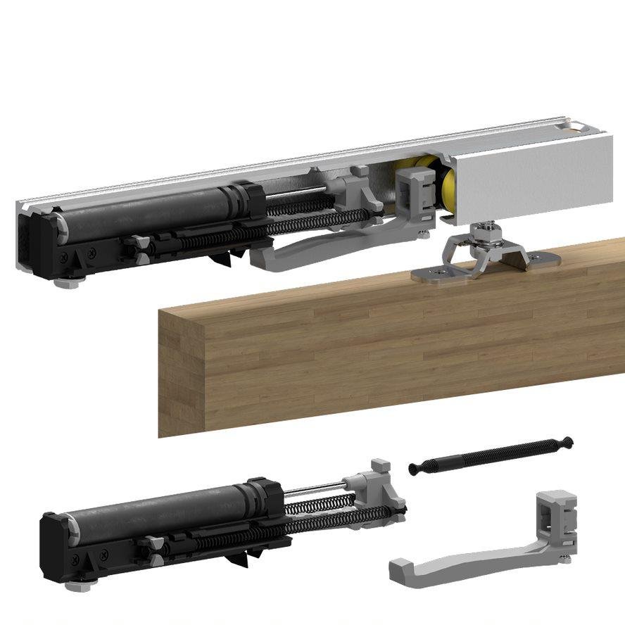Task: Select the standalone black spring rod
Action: [x=493, y=457]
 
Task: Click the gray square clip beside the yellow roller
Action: [x=415, y=194]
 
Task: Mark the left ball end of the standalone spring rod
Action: [x=413, y=469]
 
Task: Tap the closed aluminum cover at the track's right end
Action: [x=535, y=172]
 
